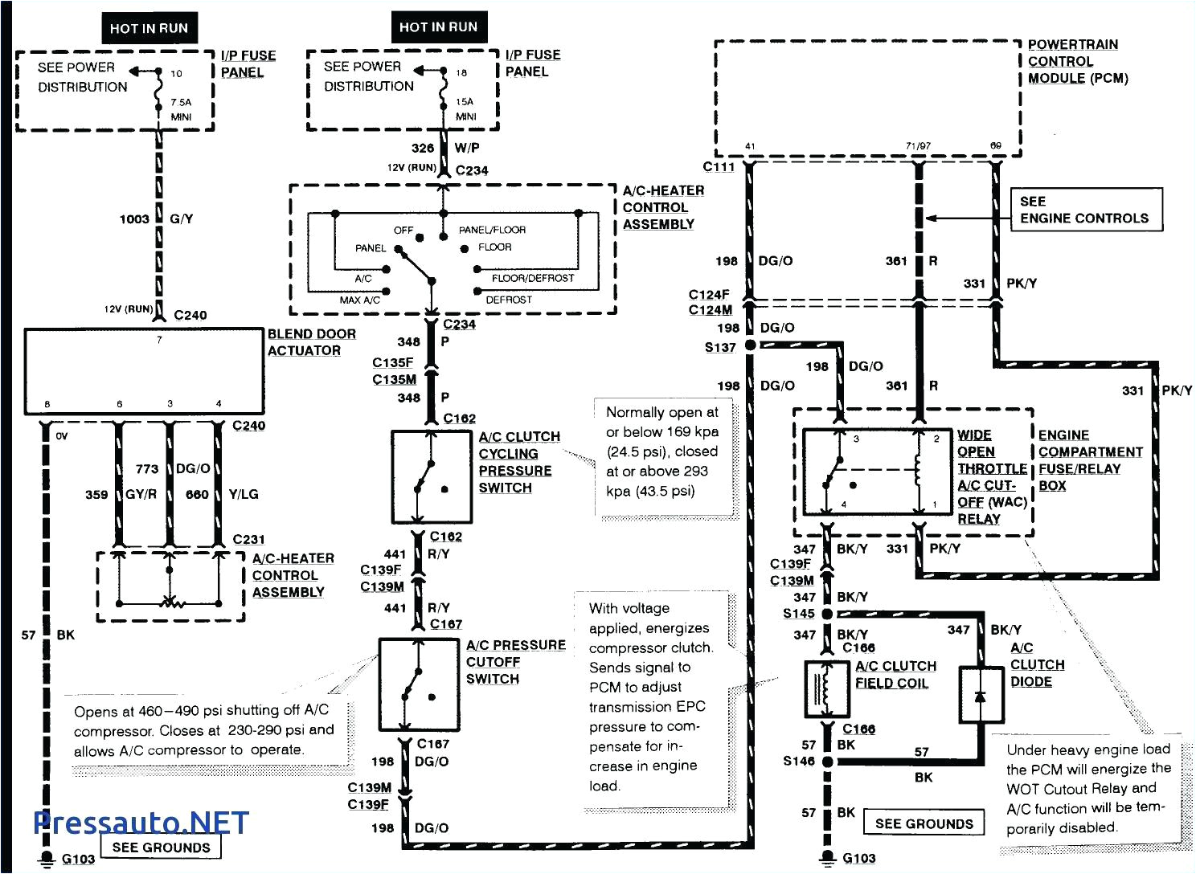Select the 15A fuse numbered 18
[443, 88]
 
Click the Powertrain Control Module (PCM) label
[1076, 62]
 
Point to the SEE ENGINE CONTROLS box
[1083, 210]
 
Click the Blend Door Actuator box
[144, 372]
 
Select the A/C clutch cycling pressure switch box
[432, 477]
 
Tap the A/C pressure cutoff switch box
[419, 684]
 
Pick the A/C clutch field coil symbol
[827, 688]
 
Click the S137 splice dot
[750, 345]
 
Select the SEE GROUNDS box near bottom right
[924, 823]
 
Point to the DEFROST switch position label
[509, 299]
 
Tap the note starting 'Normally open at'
[662, 451]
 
